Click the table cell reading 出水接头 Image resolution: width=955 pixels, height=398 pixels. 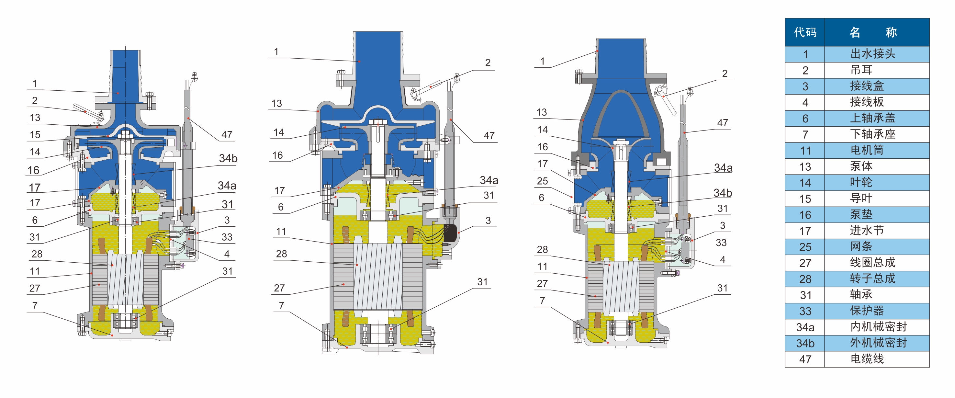click(x=872, y=54)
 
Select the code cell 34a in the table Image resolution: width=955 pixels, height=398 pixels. click(x=805, y=327)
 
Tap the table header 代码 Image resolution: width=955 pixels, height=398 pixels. click(x=805, y=32)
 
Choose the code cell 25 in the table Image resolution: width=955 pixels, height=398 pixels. click(x=805, y=247)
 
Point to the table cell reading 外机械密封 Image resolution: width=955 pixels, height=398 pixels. click(x=878, y=343)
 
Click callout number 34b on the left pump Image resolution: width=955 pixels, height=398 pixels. click(x=228, y=159)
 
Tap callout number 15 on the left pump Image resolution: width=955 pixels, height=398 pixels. click(x=35, y=135)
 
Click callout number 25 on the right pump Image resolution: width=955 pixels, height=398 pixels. click(x=542, y=181)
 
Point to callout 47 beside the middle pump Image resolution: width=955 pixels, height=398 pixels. click(x=489, y=136)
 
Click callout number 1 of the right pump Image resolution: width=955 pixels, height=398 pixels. click(x=542, y=61)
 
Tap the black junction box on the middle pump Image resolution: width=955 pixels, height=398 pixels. click(x=450, y=233)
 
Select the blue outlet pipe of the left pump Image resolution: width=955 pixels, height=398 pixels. click(x=125, y=74)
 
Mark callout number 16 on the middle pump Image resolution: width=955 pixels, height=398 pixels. click(x=277, y=155)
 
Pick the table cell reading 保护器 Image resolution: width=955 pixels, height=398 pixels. click(x=867, y=311)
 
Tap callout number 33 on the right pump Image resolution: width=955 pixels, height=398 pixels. click(x=721, y=243)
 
